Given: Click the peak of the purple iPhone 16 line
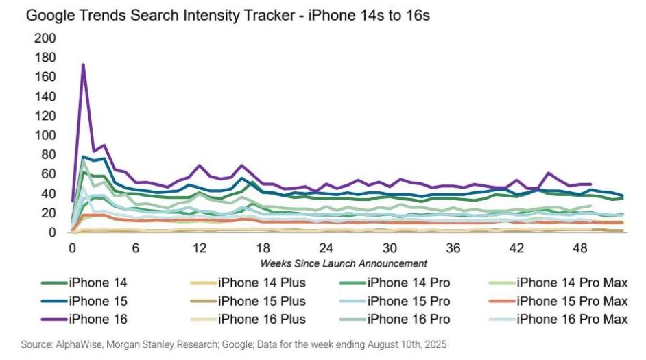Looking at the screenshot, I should pyautogui.click(x=83, y=65).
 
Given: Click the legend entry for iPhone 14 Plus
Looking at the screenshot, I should pyautogui.click(x=261, y=282).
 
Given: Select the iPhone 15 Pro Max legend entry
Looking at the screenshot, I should pyautogui.click(x=571, y=300).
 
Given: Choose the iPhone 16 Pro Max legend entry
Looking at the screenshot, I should pyautogui.click(x=571, y=319).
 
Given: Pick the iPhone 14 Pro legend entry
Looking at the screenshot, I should pyautogui.click(x=409, y=282).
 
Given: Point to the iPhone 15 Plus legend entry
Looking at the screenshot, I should pyautogui.click(x=261, y=300).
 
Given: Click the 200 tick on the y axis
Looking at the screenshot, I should pyautogui.click(x=44, y=38).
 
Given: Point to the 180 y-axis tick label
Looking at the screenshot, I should pyautogui.click(x=44, y=58).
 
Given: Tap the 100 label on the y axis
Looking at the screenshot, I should pyautogui.click(x=44, y=136).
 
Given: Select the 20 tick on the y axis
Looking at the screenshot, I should pyautogui.click(x=47, y=213).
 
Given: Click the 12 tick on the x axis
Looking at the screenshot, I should pyautogui.click(x=199, y=248).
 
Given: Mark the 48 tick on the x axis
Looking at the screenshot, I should pyautogui.click(x=582, y=248).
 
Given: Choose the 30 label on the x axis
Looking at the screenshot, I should pyautogui.click(x=390, y=248).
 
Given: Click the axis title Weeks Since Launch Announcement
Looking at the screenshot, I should pyautogui.click(x=344, y=263).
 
